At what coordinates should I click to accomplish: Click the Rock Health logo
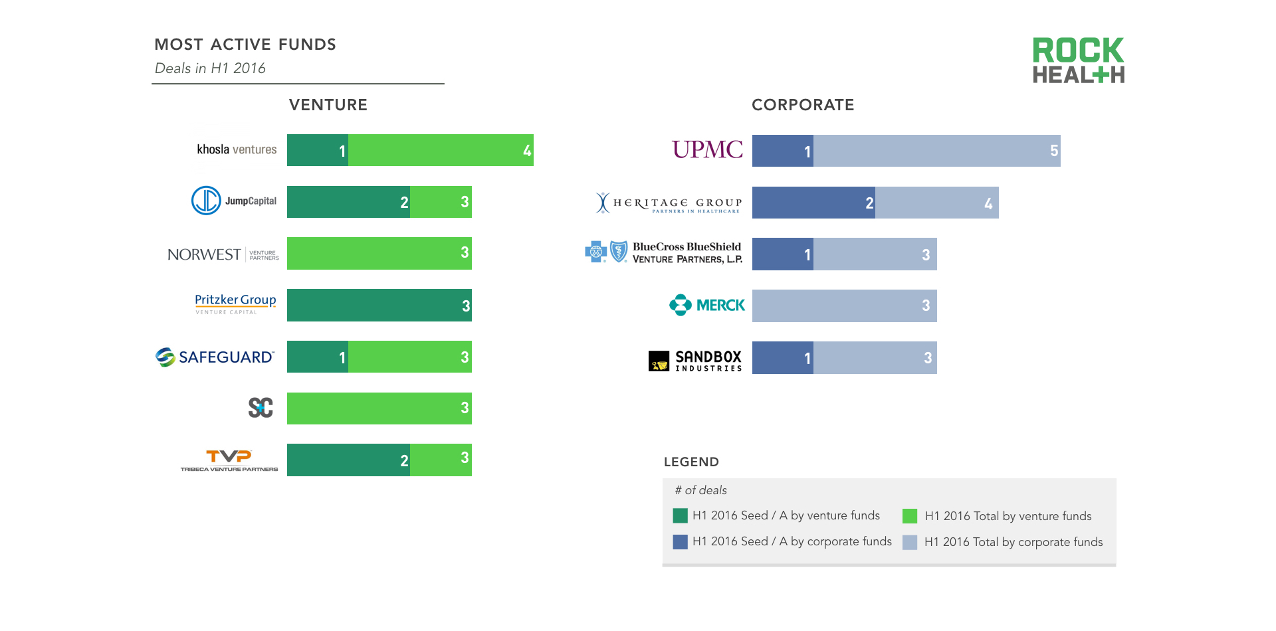1078,60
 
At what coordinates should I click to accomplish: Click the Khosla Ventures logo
237,149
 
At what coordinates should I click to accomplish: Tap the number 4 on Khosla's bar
527,151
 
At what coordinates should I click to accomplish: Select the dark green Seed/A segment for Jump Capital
348,202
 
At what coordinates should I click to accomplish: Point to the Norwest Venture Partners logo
223,254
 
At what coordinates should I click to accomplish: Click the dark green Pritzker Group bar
379,306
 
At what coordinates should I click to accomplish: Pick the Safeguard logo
215,357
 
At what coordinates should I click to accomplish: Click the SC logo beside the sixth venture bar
261,407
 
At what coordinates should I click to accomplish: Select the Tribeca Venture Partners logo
229,460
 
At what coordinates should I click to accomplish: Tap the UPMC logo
707,149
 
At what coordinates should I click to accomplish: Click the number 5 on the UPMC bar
1054,151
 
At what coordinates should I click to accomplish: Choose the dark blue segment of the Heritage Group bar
813,203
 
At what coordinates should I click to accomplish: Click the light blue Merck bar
844,306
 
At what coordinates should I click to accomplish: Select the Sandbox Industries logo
695,360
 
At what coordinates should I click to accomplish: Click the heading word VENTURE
328,105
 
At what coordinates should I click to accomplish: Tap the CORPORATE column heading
803,105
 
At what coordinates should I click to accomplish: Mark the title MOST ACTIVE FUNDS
245,45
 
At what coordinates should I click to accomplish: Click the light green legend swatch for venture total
910,516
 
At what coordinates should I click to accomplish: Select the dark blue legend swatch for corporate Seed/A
680,542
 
